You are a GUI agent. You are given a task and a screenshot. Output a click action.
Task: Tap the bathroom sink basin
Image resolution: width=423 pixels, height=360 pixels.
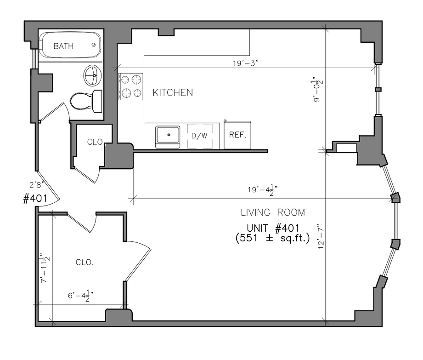(x=92, y=75)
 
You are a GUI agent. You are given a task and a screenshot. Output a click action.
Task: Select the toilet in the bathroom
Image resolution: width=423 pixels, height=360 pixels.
(x=86, y=101)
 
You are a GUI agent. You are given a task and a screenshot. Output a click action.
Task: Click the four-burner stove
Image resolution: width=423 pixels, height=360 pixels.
(x=130, y=86)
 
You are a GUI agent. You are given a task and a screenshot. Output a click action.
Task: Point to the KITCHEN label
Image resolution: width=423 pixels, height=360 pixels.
(x=173, y=92)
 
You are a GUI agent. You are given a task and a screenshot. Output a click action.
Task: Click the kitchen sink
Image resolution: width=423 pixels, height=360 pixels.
(x=168, y=137)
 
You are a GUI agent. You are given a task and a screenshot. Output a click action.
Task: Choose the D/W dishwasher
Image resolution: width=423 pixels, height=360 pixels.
(x=200, y=136)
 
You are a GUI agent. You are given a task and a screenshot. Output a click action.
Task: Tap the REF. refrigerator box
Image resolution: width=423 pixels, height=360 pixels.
(x=237, y=135)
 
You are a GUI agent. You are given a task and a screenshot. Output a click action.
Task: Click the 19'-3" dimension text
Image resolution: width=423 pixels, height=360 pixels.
(x=246, y=63)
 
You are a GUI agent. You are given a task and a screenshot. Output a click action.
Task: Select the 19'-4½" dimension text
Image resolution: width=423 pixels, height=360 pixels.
(x=263, y=189)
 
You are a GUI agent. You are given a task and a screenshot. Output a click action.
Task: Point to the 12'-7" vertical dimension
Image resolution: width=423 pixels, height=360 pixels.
(x=321, y=236)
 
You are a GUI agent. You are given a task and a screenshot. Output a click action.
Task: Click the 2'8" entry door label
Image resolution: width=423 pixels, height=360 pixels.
(x=37, y=185)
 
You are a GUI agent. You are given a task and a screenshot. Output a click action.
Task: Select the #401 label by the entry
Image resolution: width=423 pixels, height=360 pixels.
(x=35, y=199)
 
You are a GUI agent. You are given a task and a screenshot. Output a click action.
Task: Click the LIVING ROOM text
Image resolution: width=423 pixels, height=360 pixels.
(x=273, y=212)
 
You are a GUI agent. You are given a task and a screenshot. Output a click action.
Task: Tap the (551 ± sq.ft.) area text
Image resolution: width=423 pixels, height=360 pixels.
(x=272, y=238)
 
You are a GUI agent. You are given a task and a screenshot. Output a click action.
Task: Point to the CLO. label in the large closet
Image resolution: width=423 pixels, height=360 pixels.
(x=85, y=262)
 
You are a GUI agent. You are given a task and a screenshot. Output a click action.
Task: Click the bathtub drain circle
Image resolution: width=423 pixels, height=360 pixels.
(x=94, y=45)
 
